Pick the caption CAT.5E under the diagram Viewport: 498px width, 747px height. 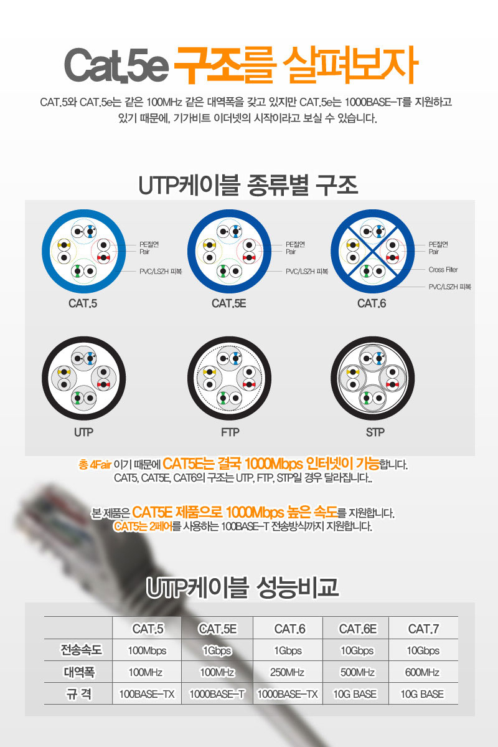tap(228, 303)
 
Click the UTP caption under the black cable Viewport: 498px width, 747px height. tap(83, 432)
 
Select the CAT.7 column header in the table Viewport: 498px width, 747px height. tap(423, 629)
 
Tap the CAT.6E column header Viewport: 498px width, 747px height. tap(357, 629)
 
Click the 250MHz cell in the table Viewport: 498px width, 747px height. tap(289, 672)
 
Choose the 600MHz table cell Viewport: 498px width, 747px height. tap(423, 672)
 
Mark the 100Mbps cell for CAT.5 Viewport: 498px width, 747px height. tap(147, 650)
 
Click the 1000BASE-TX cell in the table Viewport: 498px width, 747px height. tap(289, 693)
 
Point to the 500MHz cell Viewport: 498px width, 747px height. tap(357, 672)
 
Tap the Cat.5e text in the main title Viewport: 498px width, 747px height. tap(116, 65)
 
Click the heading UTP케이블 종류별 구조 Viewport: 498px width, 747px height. tap(248, 185)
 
